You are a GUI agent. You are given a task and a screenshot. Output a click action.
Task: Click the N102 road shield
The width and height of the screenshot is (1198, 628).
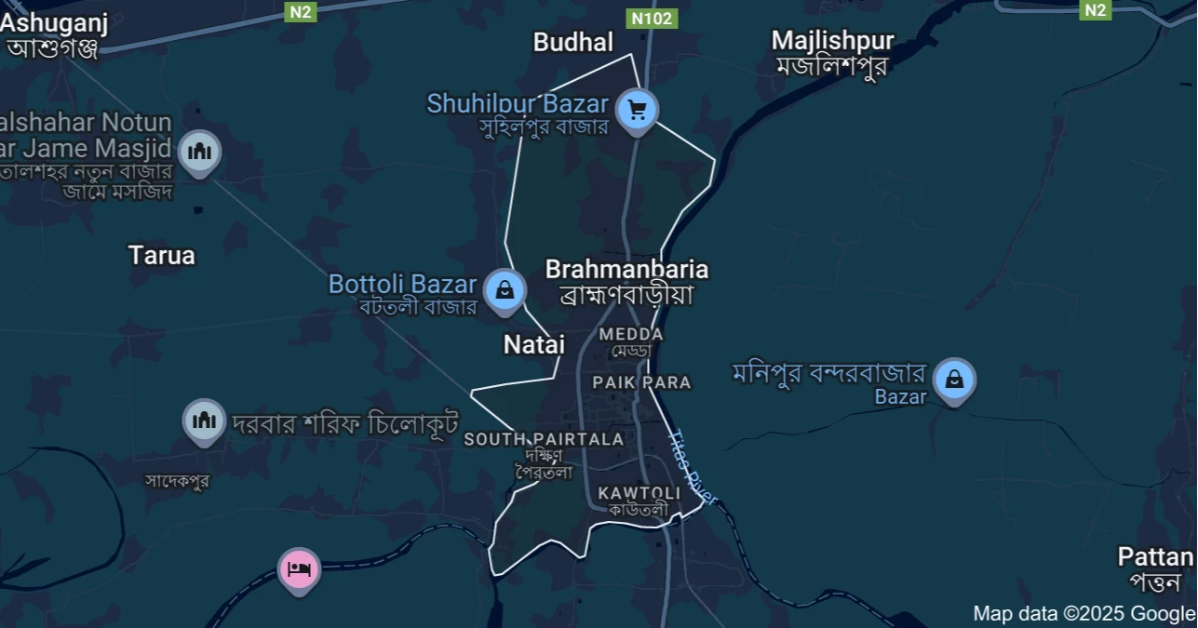pyautogui.click(x=652, y=18)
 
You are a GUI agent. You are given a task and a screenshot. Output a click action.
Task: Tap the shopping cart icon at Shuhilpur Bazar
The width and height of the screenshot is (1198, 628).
pyautogui.click(x=638, y=111)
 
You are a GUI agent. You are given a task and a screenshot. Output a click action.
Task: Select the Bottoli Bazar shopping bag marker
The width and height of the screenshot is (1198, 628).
pyautogui.click(x=505, y=289)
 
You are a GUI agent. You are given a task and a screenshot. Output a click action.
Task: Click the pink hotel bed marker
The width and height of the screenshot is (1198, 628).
pyautogui.click(x=299, y=568)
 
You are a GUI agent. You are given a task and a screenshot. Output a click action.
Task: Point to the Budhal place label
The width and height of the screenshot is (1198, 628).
pyautogui.click(x=573, y=42)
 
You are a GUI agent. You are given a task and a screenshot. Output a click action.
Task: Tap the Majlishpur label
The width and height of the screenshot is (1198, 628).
pyautogui.click(x=832, y=41)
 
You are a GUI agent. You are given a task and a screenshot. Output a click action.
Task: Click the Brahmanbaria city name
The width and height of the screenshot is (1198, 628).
pyautogui.click(x=626, y=270)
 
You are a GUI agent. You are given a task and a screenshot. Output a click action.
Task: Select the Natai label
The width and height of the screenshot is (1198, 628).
pyautogui.click(x=534, y=344)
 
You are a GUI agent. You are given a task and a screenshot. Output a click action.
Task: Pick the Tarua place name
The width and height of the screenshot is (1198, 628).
pyautogui.click(x=162, y=255)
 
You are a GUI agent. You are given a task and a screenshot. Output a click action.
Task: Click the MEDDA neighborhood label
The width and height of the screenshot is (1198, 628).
pyautogui.click(x=631, y=334)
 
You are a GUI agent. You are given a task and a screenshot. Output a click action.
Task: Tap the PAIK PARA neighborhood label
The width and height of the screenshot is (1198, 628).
pyautogui.click(x=641, y=382)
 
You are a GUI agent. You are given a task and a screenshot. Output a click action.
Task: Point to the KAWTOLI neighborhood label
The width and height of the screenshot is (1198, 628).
pyautogui.click(x=639, y=492)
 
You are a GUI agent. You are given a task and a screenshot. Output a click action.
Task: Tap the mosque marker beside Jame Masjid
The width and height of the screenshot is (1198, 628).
pyautogui.click(x=200, y=151)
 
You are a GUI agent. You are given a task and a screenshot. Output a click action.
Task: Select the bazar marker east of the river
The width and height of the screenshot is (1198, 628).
pyautogui.click(x=954, y=380)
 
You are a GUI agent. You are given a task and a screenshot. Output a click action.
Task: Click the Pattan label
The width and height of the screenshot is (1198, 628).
pyautogui.click(x=1155, y=557)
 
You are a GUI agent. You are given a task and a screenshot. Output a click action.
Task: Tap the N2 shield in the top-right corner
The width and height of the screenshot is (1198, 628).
pyautogui.click(x=1096, y=10)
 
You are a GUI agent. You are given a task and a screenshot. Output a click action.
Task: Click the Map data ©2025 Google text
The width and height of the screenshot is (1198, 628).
pyautogui.click(x=1084, y=613)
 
